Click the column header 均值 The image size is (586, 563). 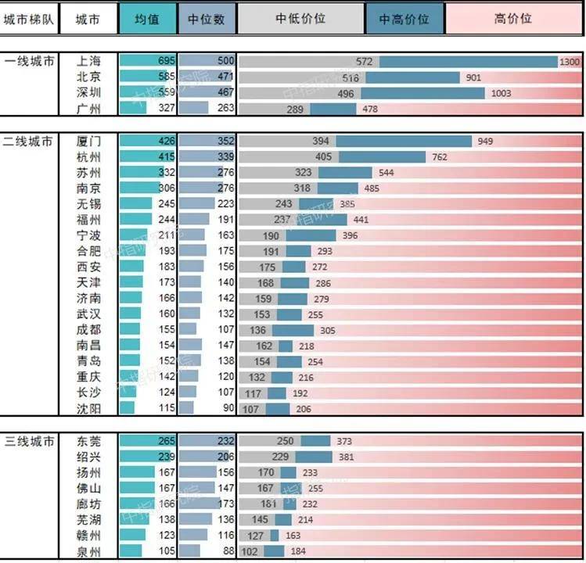point(147,19)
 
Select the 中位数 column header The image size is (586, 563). point(207,19)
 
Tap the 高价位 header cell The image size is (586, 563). point(514,19)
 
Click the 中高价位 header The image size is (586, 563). point(404,19)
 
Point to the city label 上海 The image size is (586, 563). point(88,61)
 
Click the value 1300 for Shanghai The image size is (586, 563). point(570,62)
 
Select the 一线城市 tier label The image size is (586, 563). point(29,61)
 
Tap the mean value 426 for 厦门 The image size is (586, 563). point(165,142)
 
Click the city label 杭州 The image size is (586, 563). point(88,157)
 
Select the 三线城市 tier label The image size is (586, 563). point(29,442)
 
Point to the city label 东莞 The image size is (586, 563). point(88,442)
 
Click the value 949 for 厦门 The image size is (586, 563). point(485,142)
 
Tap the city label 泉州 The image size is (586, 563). point(88,552)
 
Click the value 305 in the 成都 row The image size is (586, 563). point(328,330)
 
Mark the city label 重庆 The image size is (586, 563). point(88,377)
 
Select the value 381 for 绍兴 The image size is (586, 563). point(345,457)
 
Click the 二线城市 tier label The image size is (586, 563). point(29,142)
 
